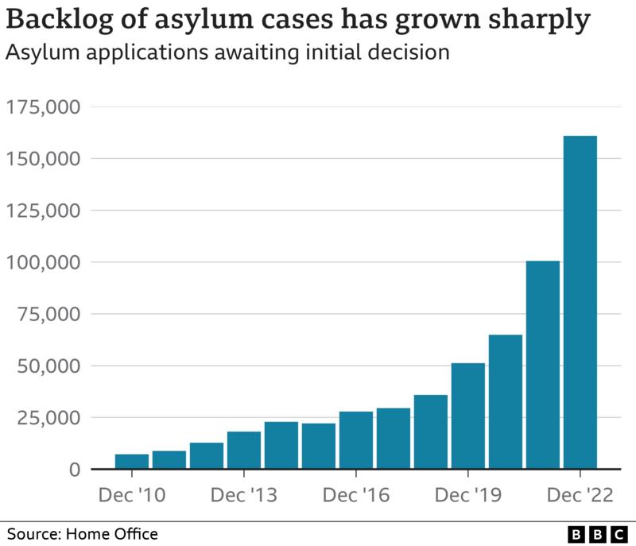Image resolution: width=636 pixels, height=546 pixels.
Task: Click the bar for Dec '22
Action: [580, 303]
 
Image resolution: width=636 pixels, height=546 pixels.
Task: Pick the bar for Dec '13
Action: [243, 450]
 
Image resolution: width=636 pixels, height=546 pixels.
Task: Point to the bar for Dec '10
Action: [131, 462]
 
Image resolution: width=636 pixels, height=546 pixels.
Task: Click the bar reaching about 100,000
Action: [542, 365]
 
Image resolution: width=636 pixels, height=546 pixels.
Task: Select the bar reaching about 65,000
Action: [505, 402]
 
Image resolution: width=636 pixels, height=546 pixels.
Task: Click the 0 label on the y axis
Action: [74, 470]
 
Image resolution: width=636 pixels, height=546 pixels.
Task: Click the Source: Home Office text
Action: [83, 533]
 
